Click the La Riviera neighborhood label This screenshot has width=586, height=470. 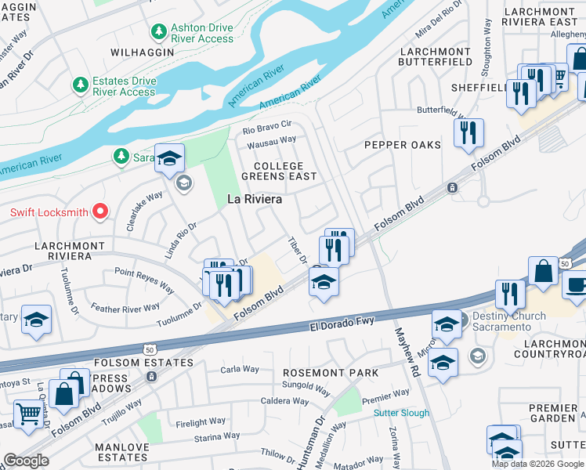254,200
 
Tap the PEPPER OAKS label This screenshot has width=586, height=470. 403,145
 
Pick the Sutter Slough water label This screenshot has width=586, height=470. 402,413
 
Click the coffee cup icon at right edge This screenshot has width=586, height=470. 577,285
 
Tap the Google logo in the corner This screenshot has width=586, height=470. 26,461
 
